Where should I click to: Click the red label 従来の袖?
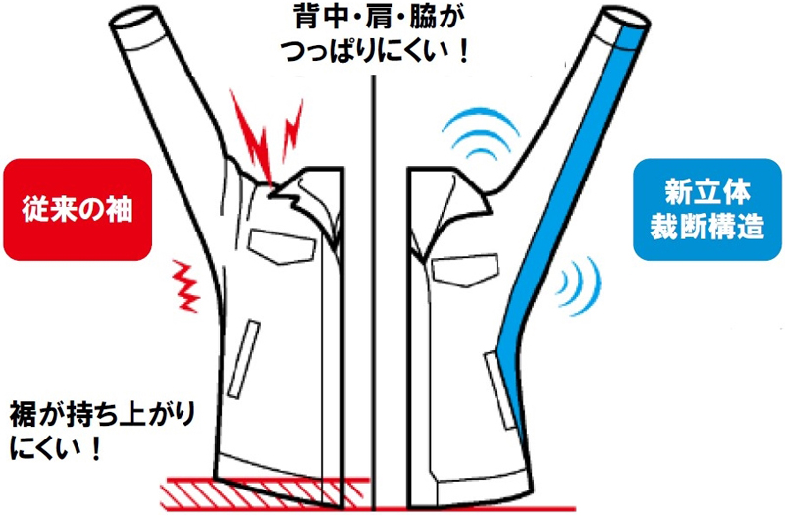click(x=78, y=209)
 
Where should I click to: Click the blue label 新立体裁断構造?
click(x=706, y=209)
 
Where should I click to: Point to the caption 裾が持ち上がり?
click(x=102, y=414)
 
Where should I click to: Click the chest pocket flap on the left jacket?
click(x=283, y=246)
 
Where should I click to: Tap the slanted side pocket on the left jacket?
click(x=243, y=359)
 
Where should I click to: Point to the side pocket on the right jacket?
click(x=500, y=390)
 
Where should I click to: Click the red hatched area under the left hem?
click(x=265, y=494)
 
